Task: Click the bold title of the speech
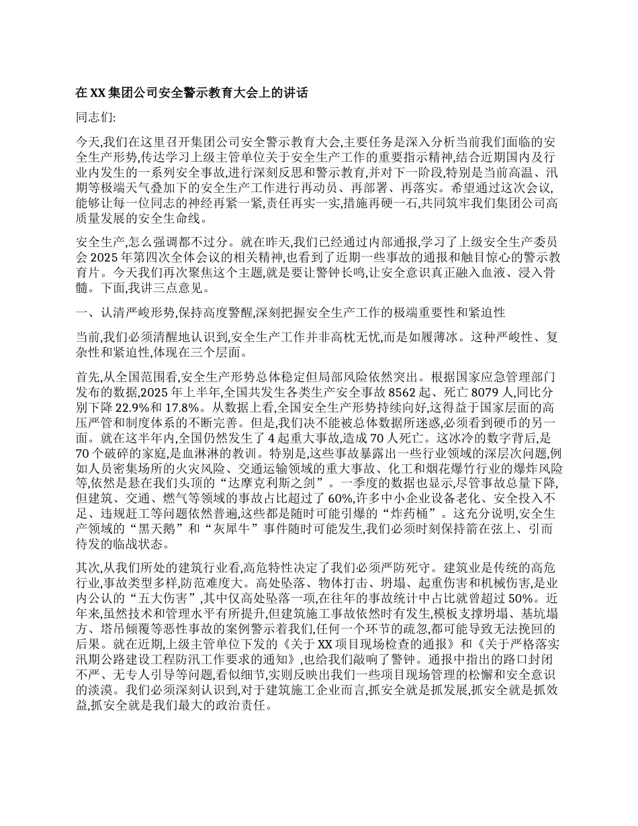(x=192, y=93)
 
